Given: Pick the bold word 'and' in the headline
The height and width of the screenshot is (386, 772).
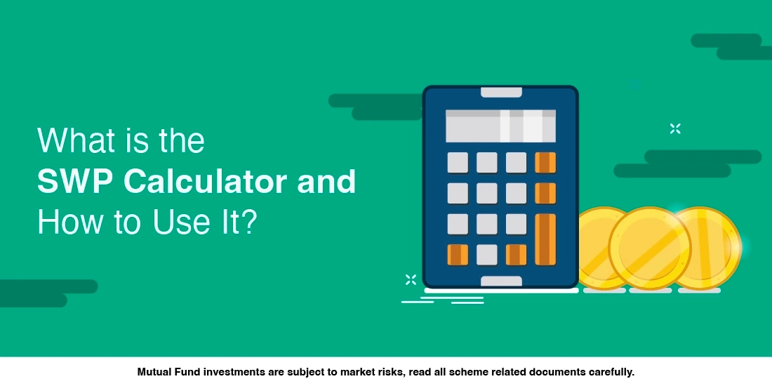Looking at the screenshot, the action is [x=326, y=181].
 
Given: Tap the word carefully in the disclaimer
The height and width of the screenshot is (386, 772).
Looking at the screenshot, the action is [x=611, y=373].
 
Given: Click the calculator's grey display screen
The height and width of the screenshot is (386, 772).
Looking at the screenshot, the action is [x=500, y=126].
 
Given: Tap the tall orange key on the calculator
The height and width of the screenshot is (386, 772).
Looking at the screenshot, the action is [x=545, y=239].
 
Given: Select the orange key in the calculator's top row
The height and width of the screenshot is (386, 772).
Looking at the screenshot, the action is [x=545, y=163].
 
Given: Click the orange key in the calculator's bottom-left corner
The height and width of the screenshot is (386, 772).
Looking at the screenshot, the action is [x=458, y=255].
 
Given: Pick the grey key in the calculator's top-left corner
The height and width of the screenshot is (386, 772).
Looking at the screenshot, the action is [x=458, y=163].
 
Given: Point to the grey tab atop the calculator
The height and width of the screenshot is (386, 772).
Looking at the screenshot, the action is [x=501, y=92].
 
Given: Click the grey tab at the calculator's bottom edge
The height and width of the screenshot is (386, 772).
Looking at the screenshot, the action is [x=501, y=281].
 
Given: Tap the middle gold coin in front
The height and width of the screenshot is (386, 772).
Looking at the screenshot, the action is [x=650, y=248].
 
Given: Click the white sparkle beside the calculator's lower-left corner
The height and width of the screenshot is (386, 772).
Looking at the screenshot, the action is [x=411, y=279].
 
